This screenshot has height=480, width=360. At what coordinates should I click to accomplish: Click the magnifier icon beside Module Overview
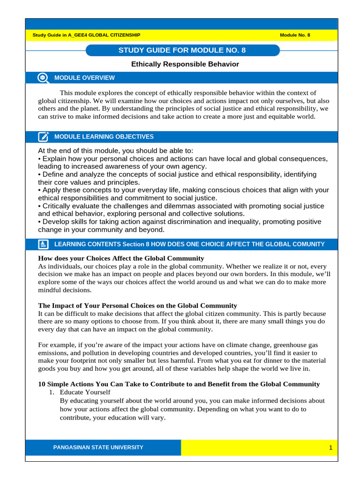click(43, 78)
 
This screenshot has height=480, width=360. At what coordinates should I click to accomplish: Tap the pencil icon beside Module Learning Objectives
click(43, 137)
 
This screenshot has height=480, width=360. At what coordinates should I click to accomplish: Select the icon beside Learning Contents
click(43, 244)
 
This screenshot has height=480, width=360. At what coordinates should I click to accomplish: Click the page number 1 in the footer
click(330, 448)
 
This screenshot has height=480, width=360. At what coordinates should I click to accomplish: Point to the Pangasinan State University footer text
click(98, 448)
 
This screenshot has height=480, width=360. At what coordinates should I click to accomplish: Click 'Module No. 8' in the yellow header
click(295, 35)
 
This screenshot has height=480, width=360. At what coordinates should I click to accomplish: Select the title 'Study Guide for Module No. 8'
click(183, 51)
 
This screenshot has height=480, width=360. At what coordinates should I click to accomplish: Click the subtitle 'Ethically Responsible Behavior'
click(185, 64)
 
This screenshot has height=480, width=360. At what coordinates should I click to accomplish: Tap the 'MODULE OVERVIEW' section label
click(84, 78)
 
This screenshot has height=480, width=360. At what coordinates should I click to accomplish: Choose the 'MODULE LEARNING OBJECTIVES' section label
click(104, 137)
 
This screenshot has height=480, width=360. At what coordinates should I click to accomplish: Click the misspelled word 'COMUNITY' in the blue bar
click(307, 244)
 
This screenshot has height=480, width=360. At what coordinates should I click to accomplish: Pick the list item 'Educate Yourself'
click(85, 392)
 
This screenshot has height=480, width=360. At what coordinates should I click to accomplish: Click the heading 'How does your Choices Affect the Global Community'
click(121, 258)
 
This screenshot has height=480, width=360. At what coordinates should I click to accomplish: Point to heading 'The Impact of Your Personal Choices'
click(137, 305)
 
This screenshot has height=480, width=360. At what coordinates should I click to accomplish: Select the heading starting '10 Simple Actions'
click(179, 384)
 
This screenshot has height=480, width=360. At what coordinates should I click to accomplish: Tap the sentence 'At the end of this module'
click(115, 150)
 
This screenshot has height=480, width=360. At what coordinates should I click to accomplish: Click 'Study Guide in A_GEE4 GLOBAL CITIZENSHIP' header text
click(86, 35)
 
